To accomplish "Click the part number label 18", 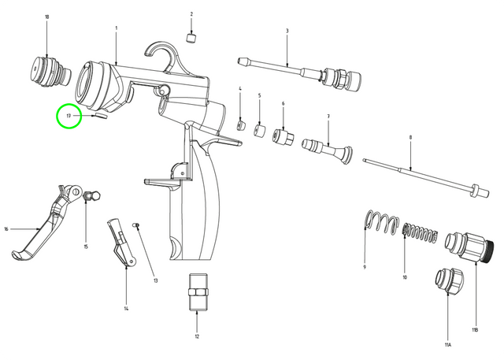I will [46, 17].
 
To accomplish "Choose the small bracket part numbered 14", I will [120, 240].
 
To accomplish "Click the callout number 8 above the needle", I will [410, 137].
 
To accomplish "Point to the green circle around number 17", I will [69, 117].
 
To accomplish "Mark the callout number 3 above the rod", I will [287, 30].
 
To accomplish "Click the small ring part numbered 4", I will [242, 124].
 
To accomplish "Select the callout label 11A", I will [447, 345].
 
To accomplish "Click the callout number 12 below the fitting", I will [197, 336].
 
